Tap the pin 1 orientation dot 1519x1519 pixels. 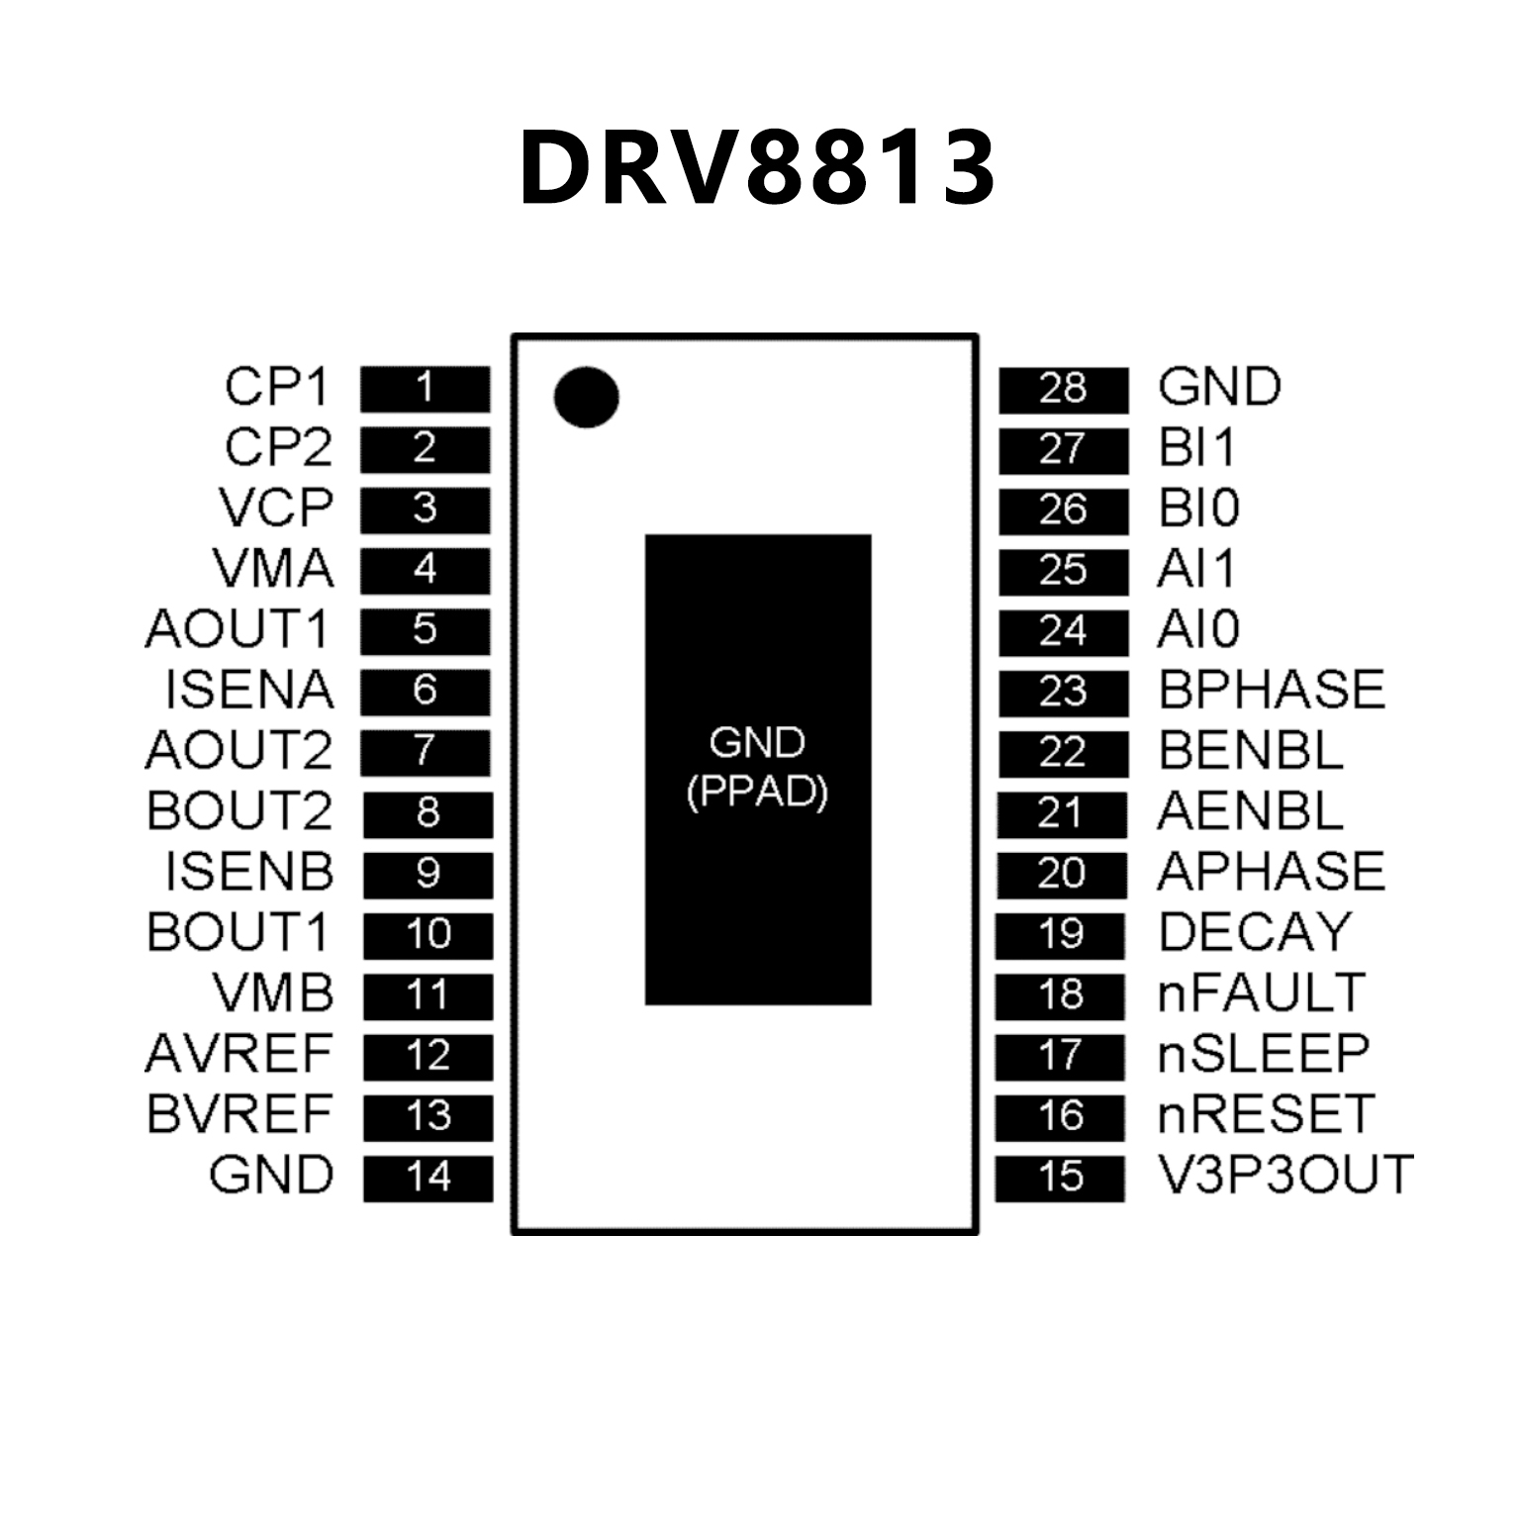[x=586, y=397]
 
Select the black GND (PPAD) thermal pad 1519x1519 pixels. [x=758, y=769]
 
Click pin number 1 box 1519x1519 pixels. [x=425, y=388]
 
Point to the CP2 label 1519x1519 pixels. [x=278, y=447]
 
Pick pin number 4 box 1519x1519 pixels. [x=425, y=570]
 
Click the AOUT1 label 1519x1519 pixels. [x=237, y=629]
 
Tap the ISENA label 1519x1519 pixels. [x=249, y=690]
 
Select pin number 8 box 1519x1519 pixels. [x=427, y=813]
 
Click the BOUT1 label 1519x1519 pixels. [x=237, y=932]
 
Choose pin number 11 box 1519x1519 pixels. [x=427, y=996]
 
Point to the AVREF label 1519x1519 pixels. [x=238, y=1054]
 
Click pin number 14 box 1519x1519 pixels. [x=427, y=1178]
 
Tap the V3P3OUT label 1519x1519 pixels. [x=1284, y=1176]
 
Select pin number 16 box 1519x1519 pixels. [x=1060, y=1116]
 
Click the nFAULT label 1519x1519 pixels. [x=1261, y=994]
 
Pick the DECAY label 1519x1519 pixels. [x=1254, y=932]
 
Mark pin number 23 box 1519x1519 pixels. [x=1063, y=693]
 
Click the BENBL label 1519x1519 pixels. [x=1250, y=751]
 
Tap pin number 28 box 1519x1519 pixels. [x=1063, y=389]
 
